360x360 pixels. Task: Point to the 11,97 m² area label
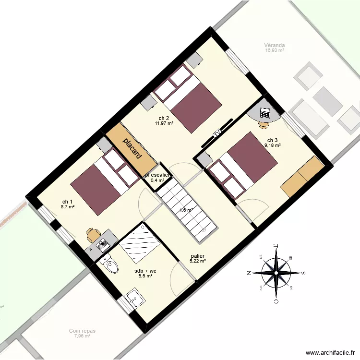pyautogui.click(x=164, y=123)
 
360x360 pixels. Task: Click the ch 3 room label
pyautogui.click(x=272, y=140)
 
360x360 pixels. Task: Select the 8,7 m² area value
pyautogui.click(x=68, y=207)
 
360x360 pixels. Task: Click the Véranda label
pyautogui.click(x=275, y=47)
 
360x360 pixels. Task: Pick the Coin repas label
pyautogui.click(x=82, y=331)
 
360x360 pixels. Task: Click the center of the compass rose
pyautogui.click(x=276, y=273)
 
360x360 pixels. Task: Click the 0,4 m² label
pyautogui.click(x=157, y=180)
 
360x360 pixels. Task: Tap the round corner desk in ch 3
pyautogui.click(x=264, y=114)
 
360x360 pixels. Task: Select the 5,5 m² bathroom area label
pyautogui.click(x=145, y=276)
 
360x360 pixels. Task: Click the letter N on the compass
pyautogui.click(x=249, y=273)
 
